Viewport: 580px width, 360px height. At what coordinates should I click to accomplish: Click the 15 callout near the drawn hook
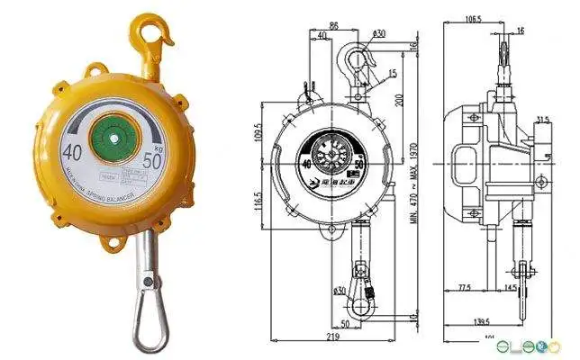(x=394, y=72)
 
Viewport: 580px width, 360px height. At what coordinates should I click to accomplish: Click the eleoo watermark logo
(x=540, y=346)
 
